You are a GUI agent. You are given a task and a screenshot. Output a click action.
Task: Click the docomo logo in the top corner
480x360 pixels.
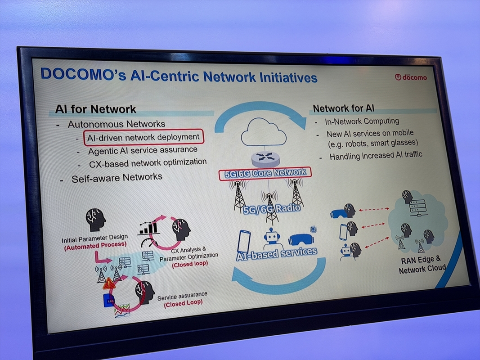coord(411,77)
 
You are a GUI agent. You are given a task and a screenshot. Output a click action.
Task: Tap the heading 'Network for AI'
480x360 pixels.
coord(343,108)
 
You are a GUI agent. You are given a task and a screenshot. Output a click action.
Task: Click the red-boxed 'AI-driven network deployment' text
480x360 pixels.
coord(144,137)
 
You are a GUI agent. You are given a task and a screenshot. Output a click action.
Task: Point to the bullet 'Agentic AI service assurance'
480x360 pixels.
coord(143,150)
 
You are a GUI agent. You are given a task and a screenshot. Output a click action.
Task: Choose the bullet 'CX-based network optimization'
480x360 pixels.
coord(148,162)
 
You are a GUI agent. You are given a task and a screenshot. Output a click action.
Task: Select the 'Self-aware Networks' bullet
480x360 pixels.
coord(117,178)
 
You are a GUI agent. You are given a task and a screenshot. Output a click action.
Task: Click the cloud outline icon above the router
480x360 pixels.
coord(264,133)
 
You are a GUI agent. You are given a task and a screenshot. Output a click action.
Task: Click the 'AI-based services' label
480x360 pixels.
coord(278,252)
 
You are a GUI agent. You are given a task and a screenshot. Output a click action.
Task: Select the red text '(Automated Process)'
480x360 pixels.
coord(95,247)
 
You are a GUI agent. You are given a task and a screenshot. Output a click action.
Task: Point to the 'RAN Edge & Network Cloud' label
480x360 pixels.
coord(422,264)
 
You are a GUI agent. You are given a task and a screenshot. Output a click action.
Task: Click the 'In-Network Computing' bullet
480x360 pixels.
coord(362,121)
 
